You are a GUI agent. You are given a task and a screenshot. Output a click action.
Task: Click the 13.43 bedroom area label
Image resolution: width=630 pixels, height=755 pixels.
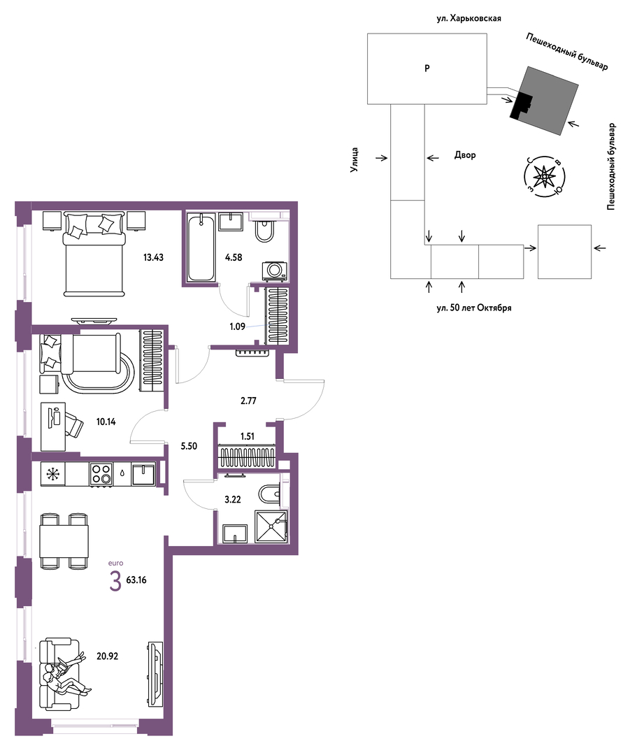coord(153,257)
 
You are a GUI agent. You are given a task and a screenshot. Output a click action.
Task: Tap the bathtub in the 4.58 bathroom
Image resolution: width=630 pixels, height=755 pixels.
coord(201,247)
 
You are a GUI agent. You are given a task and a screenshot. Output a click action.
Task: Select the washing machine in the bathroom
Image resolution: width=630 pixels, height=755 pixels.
coord(274,271)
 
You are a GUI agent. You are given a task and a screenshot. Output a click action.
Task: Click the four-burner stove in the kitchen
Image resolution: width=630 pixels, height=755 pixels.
coord(101,474)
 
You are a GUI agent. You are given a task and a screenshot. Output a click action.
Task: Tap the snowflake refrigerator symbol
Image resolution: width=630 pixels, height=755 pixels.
coord(52,474)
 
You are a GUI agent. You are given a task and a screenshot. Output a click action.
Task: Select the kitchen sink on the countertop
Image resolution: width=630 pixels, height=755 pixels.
coord(143,474)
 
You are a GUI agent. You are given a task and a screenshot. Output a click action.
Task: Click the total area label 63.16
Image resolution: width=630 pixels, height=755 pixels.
coord(136,580)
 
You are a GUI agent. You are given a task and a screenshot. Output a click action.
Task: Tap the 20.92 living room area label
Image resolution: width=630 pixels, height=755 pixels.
coord(107,656)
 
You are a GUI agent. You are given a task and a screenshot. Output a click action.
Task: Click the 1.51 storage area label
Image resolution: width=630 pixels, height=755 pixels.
coord(247,437)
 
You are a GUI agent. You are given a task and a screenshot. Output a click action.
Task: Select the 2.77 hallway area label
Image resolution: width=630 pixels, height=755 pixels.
coord(248,401)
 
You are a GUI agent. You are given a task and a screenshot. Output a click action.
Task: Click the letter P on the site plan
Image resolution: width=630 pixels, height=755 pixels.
coord(427,69)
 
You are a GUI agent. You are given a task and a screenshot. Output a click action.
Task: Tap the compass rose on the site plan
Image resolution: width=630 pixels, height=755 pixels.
coord(544,176)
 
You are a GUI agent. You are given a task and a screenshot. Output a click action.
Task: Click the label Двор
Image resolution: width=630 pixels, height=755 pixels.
coord(465,155)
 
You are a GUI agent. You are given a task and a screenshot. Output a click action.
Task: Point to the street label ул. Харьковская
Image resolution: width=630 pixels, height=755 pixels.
coord(468,18)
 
